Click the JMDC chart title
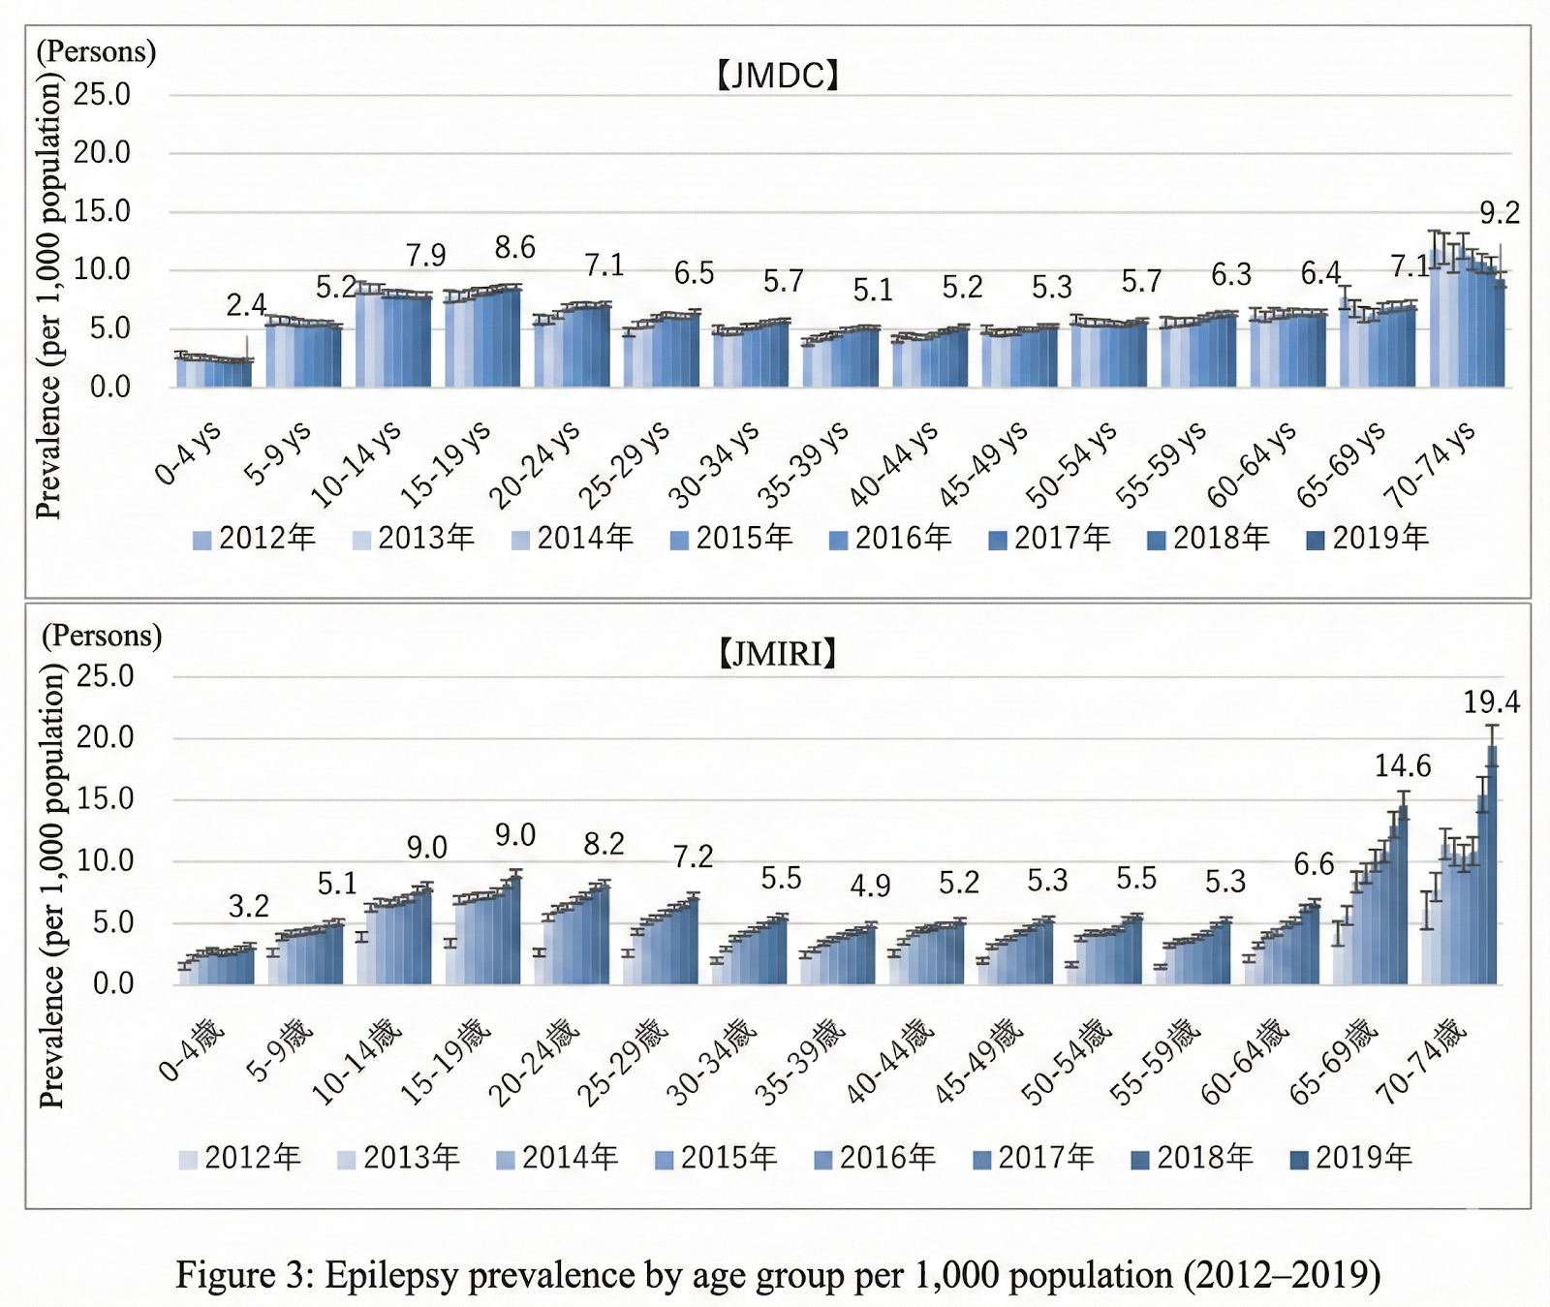(777, 76)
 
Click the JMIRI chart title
(777, 654)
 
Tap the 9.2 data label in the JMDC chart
(1499, 213)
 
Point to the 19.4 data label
(1491, 701)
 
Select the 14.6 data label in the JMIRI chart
(1402, 766)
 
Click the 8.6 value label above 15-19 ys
(514, 248)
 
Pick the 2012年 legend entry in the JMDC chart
(255, 538)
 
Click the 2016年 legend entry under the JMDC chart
(891, 538)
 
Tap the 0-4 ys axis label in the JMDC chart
(189, 453)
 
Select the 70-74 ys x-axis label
(1432, 465)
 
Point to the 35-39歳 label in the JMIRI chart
(801, 1062)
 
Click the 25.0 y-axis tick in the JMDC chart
(102, 94)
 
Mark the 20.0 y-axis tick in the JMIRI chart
(105, 737)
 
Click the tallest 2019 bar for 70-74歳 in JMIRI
(1492, 872)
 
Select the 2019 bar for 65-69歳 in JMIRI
(1403, 901)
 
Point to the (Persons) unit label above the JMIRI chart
(102, 636)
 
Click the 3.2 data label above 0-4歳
(248, 907)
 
